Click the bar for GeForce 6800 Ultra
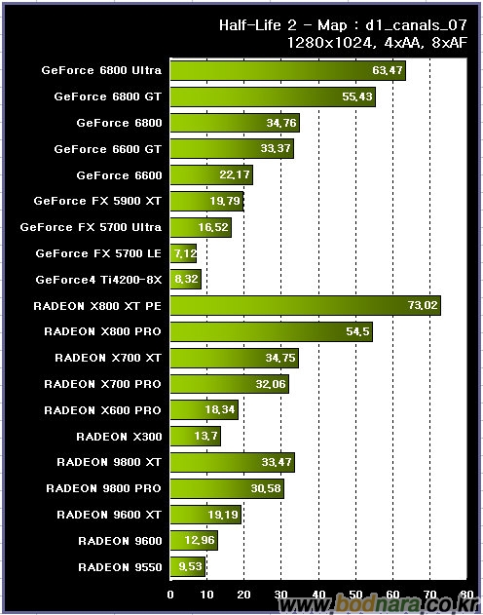[288, 70]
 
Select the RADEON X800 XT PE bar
[306, 305]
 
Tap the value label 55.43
[357, 96]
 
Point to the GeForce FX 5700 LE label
[98, 253]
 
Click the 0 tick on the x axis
[170, 595]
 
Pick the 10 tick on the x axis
[206, 595]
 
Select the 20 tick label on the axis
[243, 595]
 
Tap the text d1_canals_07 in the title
[416, 26]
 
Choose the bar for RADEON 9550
[188, 567]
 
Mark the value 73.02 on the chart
[423, 305]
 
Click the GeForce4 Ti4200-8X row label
[98, 280]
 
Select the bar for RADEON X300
[196, 436]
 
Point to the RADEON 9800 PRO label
[103, 488]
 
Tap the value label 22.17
[235, 174]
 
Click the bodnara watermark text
[378, 605]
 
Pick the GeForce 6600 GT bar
[232, 149]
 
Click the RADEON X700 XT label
[108, 358]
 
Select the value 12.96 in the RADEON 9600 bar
[200, 541]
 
